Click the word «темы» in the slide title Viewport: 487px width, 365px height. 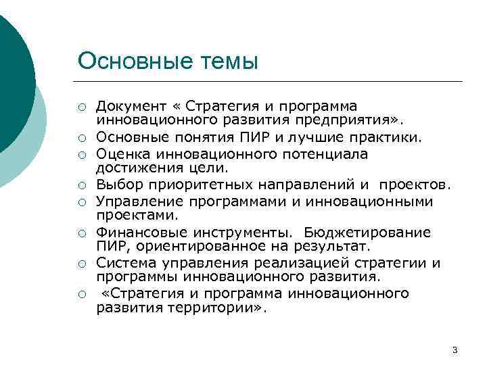click(227, 61)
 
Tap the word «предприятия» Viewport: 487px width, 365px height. click(363, 120)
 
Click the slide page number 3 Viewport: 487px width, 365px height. click(454, 349)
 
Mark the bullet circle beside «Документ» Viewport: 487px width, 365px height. click(81, 107)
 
